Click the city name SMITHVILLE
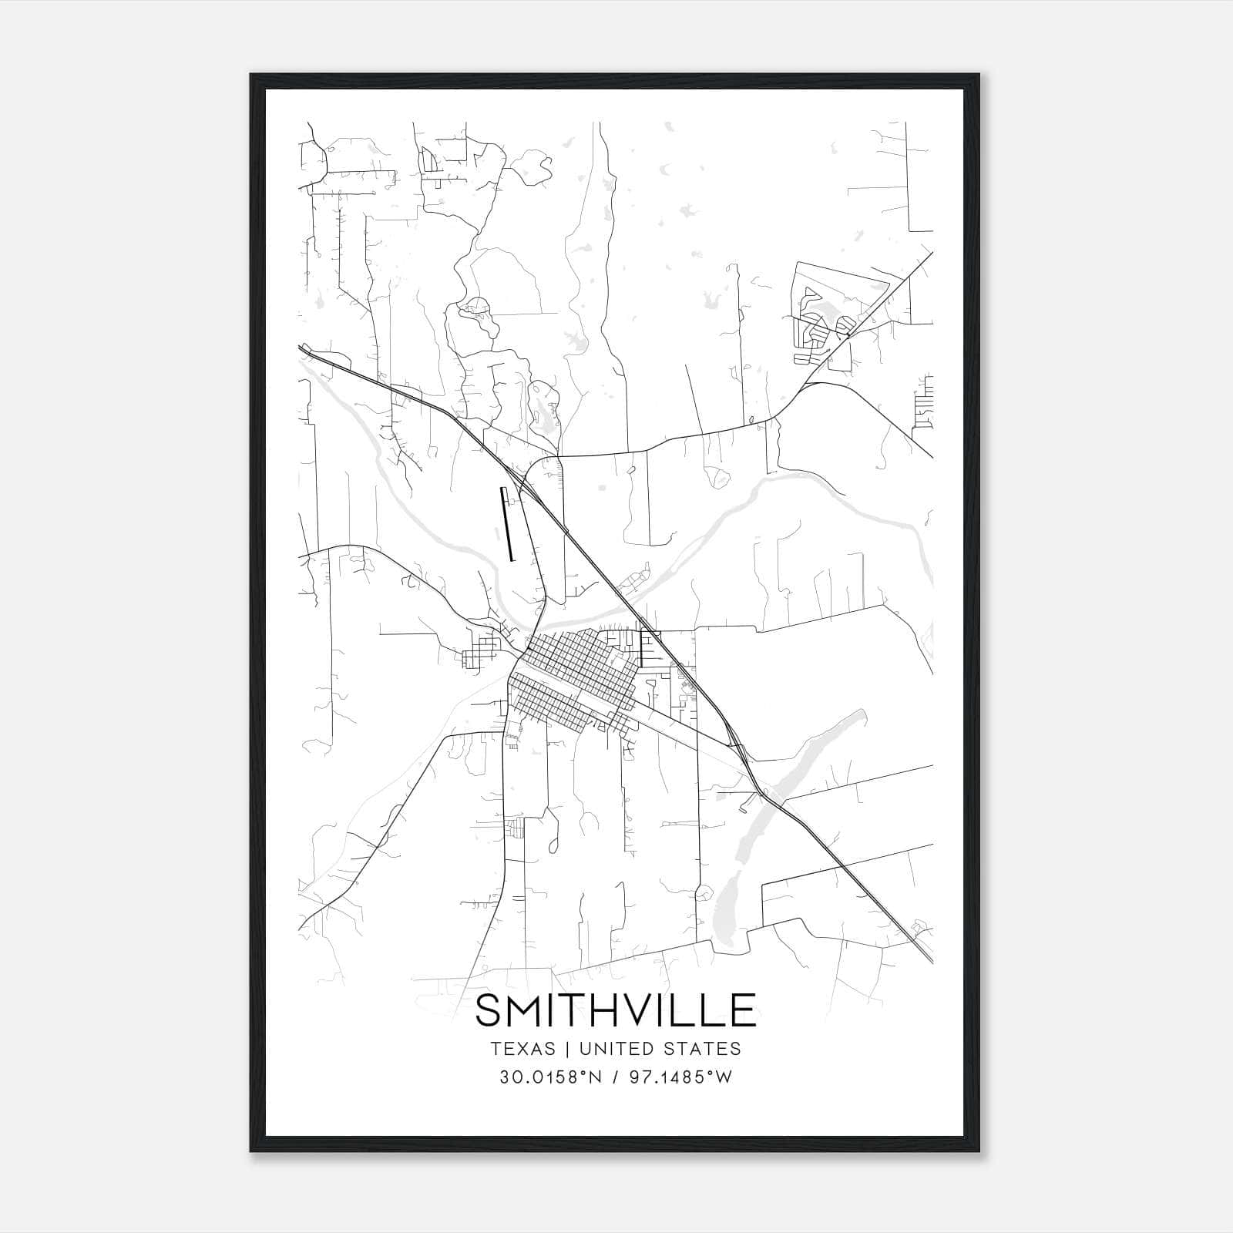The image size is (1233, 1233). tap(615, 1011)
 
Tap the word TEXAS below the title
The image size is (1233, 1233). tap(522, 1049)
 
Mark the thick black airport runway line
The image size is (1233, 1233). tap(508, 524)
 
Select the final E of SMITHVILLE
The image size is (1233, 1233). tap(742, 1011)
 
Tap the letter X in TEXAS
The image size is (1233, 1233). tap(522, 1049)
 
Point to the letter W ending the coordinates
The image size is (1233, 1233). tap(724, 1077)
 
